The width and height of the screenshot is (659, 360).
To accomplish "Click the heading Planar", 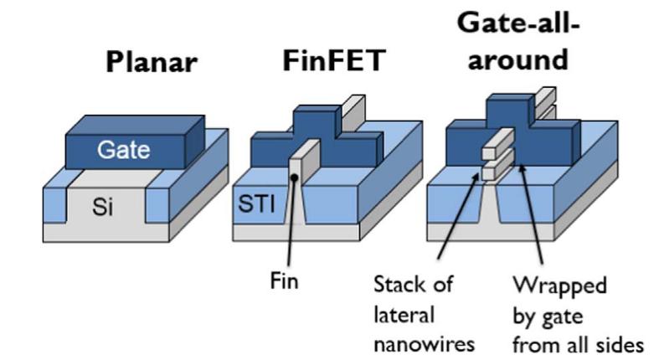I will click(148, 64).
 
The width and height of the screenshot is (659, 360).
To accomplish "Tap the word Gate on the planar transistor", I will click(123, 151).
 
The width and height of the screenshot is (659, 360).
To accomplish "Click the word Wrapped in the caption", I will click(559, 284).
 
